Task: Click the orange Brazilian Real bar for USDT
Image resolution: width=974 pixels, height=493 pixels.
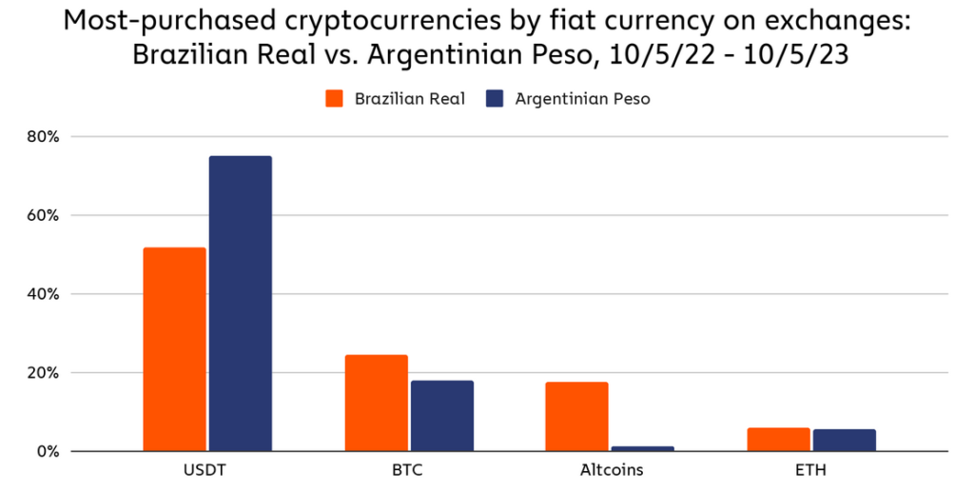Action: click(174, 348)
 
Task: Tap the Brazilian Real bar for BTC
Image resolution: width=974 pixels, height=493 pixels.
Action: click(376, 403)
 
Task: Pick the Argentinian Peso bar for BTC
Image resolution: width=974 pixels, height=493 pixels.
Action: click(442, 415)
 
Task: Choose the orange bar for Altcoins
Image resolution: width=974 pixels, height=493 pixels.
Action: click(576, 416)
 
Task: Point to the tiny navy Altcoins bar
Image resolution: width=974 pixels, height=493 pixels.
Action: click(643, 448)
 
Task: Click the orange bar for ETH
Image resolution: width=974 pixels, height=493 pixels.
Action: click(778, 439)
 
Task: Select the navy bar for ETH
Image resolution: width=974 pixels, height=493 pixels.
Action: click(845, 440)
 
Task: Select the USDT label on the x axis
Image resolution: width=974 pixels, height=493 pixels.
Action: click(207, 470)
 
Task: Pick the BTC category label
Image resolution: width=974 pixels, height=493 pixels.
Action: click(409, 470)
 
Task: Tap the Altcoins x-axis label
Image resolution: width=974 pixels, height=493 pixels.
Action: click(611, 470)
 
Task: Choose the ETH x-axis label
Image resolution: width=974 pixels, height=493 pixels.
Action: click(811, 470)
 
